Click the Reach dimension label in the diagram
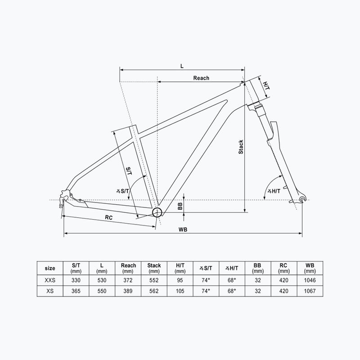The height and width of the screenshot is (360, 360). [201, 78]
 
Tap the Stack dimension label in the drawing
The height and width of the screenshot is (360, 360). [241, 147]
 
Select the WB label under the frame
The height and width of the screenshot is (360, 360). [183, 229]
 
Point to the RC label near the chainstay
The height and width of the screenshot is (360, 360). [108, 217]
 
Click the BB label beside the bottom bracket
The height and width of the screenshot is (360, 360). [180, 206]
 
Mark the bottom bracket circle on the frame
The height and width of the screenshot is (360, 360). [157, 212]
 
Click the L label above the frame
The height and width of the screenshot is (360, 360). [182, 66]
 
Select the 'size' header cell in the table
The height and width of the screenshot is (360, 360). [50, 268]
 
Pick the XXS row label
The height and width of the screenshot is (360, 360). [50, 280]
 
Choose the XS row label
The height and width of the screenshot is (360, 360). [50, 291]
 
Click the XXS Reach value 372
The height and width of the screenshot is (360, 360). [128, 280]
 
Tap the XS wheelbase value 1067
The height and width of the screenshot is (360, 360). [309, 291]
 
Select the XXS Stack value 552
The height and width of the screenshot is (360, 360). [154, 280]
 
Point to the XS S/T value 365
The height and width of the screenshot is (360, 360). [76, 291]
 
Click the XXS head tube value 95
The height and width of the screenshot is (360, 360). [180, 280]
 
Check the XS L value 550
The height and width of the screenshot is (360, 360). [102, 291]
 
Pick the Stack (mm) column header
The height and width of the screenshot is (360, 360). [154, 268]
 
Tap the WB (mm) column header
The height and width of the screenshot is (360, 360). [309, 268]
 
